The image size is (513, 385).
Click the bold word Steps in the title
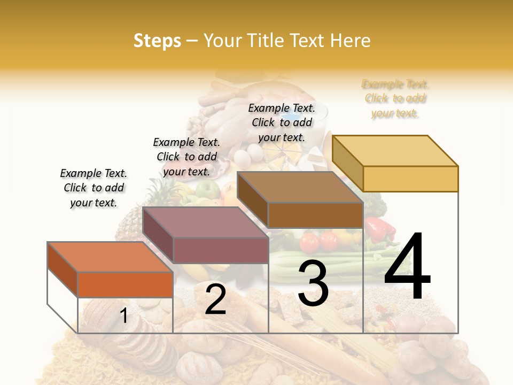[x=157, y=41]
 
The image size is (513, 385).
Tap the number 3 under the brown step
[x=313, y=283]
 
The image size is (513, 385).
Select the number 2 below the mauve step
[x=215, y=299]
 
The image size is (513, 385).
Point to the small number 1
[x=123, y=315]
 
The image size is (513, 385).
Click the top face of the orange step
[x=110, y=257]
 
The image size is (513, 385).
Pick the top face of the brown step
[x=299, y=187]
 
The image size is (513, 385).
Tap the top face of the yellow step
[x=394, y=150]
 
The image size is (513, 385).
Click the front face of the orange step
[x=125, y=284]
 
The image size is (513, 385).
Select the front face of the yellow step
[x=410, y=179]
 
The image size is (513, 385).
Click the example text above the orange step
[x=94, y=188]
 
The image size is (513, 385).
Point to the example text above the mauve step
[x=186, y=157]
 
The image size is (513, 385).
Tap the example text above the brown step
[x=282, y=122]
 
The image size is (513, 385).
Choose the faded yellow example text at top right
[x=395, y=98]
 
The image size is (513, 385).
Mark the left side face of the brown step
[x=252, y=199]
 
